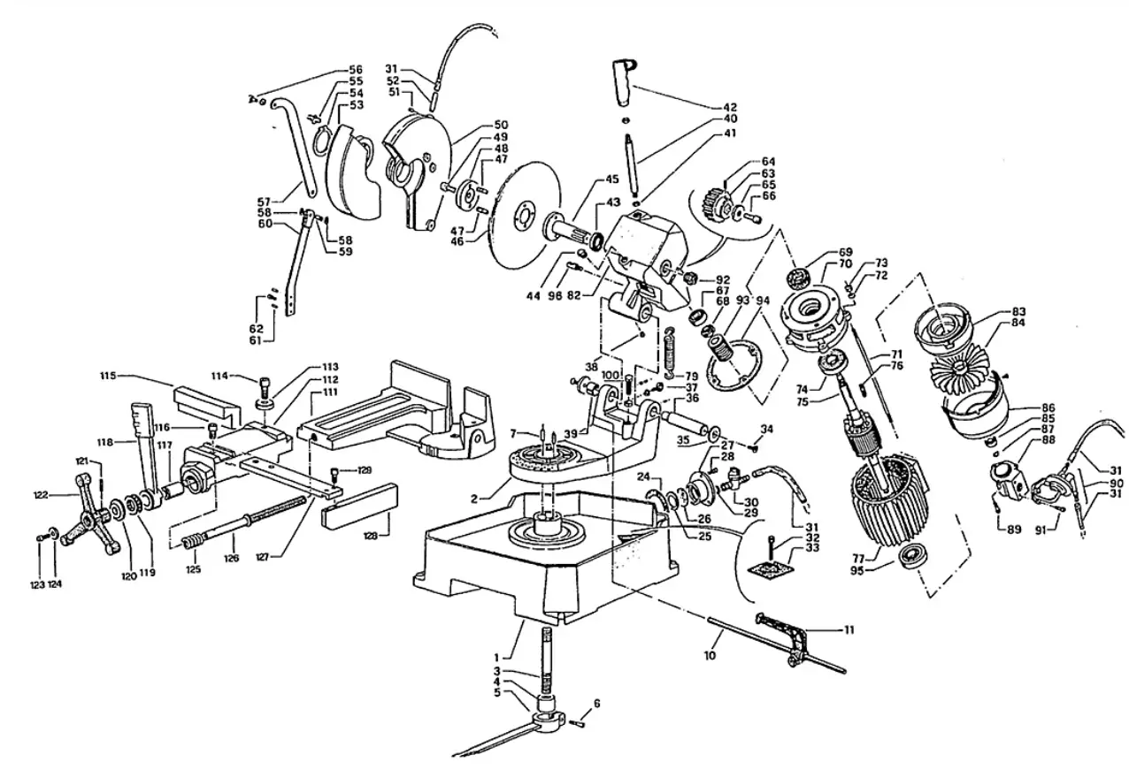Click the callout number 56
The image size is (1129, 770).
point(356,69)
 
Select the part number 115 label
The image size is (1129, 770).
point(109,376)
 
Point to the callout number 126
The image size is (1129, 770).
point(231,558)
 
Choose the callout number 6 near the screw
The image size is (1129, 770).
point(596,703)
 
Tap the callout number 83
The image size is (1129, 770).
point(1019,311)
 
